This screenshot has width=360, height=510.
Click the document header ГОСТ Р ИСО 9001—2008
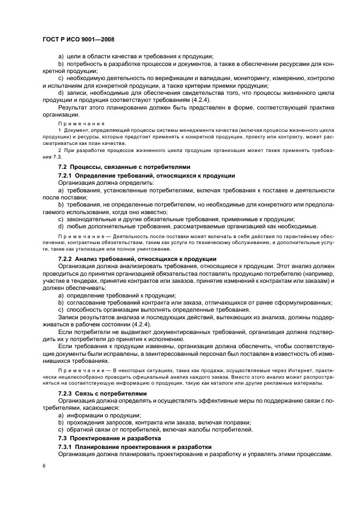pos(77,40)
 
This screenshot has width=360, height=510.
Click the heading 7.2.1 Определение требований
pos(147,175)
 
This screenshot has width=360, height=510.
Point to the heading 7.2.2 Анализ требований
pos(137,258)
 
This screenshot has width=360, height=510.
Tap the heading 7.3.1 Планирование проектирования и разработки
pos(135,447)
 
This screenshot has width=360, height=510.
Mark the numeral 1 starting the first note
pos(59,131)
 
